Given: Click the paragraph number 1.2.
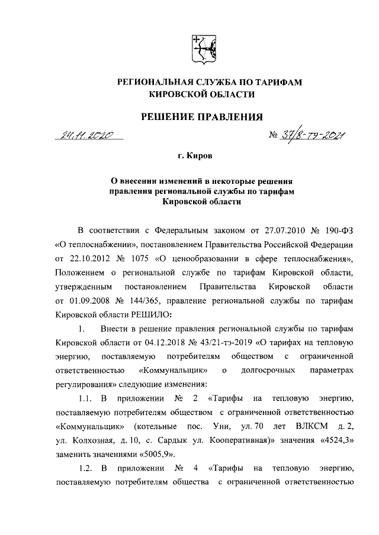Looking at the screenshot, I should (x=86, y=471).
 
